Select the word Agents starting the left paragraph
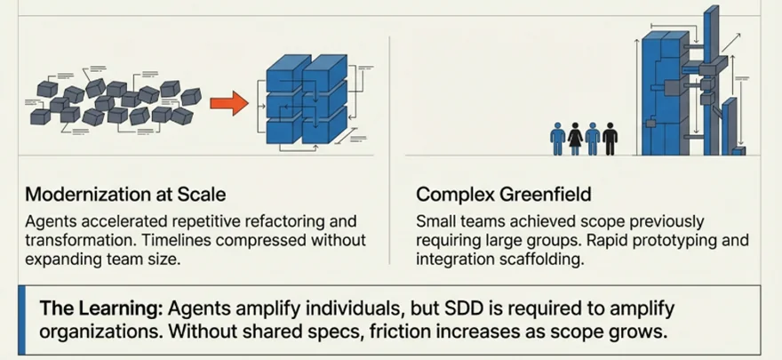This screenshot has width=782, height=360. pyautogui.click(x=52, y=220)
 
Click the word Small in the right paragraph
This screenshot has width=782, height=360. pyautogui.click(x=435, y=220)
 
